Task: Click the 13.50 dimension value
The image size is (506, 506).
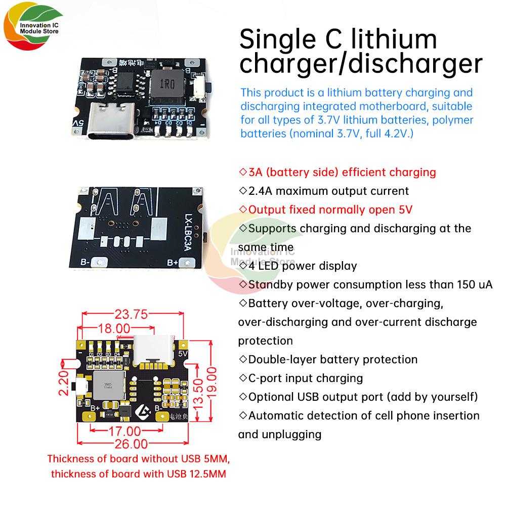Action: point(198,393)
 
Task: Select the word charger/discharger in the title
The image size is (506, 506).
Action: point(361,65)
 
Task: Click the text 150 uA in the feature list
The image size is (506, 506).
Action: point(475,284)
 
